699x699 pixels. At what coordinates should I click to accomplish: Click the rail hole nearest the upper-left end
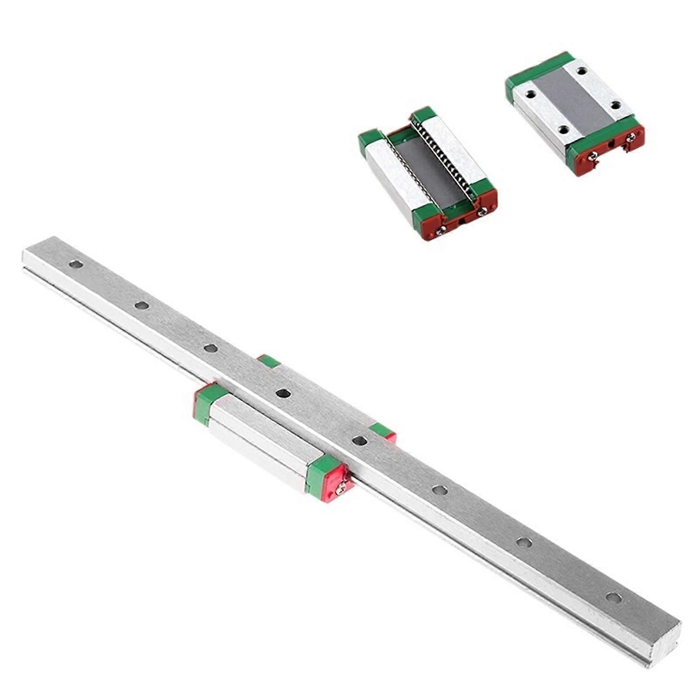(76, 264)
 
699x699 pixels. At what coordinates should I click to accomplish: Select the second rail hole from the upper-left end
(142, 305)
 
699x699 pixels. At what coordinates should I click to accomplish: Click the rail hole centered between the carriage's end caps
(284, 394)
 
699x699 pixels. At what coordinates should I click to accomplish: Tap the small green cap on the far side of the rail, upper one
(269, 361)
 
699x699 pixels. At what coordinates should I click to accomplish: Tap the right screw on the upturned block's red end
(482, 212)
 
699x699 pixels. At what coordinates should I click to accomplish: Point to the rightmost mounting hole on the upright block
(616, 105)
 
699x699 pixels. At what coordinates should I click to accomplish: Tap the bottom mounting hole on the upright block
(564, 129)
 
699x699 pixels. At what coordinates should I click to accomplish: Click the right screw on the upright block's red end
(630, 138)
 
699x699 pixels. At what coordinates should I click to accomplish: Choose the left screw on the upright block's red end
(593, 156)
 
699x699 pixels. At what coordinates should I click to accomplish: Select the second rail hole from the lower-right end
(524, 543)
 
